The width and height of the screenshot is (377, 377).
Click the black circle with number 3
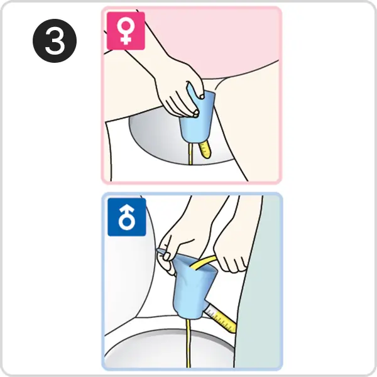[x=55, y=41]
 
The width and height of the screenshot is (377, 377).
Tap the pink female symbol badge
[x=126, y=31]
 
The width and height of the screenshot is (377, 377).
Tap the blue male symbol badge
[x=127, y=217]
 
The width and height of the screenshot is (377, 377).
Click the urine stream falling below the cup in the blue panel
[x=188, y=343]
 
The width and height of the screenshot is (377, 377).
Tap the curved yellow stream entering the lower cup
[x=203, y=261]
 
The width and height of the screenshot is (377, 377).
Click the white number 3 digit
[x=55, y=41]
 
